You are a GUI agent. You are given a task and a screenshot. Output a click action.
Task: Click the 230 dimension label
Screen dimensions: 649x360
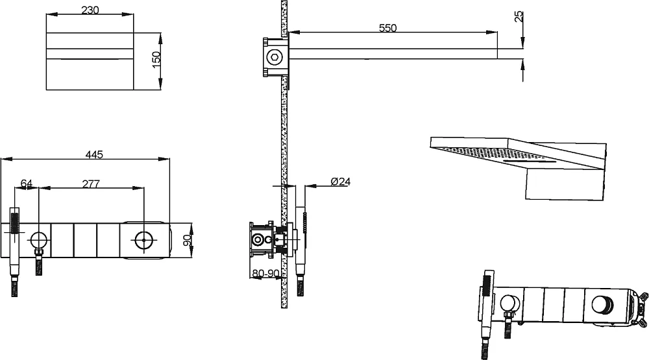90,10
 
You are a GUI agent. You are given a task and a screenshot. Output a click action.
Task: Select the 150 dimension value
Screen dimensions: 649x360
156,60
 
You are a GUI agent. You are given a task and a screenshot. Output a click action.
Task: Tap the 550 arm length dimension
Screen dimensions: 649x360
388,28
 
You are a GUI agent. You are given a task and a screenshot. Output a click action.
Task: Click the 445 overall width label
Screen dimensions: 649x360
94,154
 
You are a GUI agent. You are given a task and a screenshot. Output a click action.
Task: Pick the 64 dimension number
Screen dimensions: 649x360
27,184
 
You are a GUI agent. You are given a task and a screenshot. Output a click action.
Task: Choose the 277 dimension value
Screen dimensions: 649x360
91,184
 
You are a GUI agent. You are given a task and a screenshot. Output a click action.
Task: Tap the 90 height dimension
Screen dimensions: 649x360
188,241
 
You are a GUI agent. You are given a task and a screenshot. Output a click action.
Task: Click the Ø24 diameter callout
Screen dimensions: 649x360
341,181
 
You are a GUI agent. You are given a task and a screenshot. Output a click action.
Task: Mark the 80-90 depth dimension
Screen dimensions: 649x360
265,274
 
